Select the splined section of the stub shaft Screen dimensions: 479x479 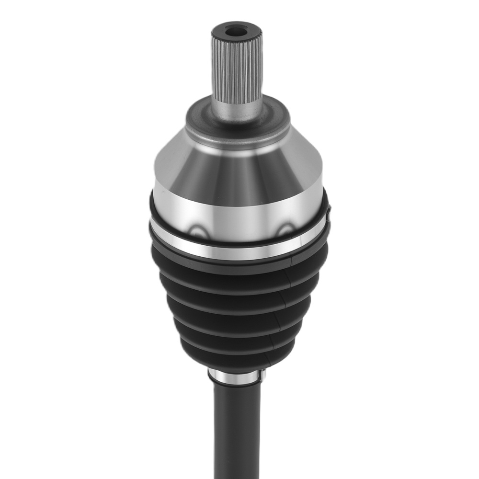click(x=237, y=67)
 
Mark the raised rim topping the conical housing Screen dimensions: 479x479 click(x=237, y=140)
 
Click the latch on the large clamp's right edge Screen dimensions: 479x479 click(x=328, y=216)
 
